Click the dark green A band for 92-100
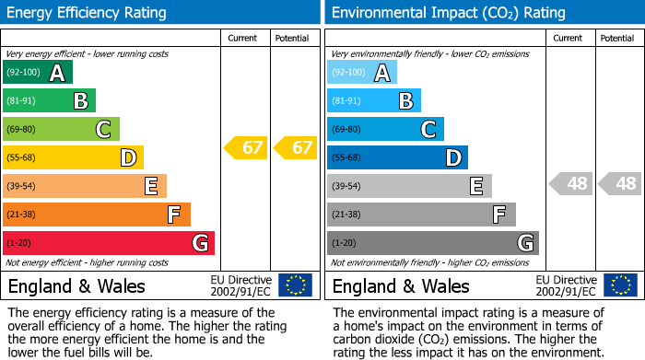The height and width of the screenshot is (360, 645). (x=38, y=73)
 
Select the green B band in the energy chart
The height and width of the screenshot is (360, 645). (x=50, y=101)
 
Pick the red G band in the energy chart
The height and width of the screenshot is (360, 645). (x=109, y=243)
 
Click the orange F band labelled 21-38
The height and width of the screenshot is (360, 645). (x=97, y=215)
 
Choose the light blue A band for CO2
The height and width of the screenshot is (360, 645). (x=362, y=73)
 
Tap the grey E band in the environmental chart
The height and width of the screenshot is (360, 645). (x=410, y=186)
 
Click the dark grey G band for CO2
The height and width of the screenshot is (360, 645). (x=433, y=243)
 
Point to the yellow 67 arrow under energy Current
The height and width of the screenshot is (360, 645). (x=246, y=147)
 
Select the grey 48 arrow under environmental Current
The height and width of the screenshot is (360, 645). (x=570, y=183)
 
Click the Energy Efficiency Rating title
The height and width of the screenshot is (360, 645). (x=87, y=13)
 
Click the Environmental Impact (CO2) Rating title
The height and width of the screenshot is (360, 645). (x=448, y=13)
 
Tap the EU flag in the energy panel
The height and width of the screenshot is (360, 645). (x=296, y=285)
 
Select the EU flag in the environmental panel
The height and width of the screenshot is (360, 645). (x=620, y=285)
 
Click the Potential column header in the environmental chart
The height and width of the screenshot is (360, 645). (x=617, y=38)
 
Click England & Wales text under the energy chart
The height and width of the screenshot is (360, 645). (x=77, y=285)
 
